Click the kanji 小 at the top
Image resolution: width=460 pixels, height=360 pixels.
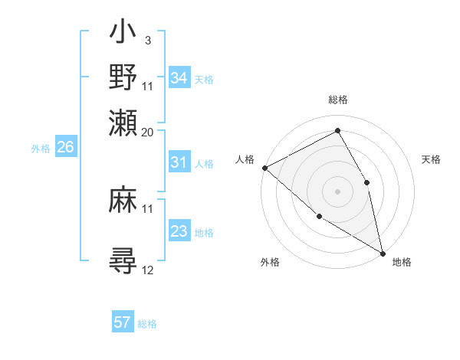click(x=124, y=34)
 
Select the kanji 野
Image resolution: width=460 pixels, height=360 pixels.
click(x=124, y=77)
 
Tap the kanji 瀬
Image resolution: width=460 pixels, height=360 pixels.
click(x=124, y=122)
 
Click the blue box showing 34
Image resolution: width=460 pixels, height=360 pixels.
click(x=179, y=79)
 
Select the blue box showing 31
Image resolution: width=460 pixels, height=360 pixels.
click(x=179, y=162)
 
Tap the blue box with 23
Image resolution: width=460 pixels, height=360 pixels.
click(x=179, y=231)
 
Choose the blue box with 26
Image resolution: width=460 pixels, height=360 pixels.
click(x=65, y=148)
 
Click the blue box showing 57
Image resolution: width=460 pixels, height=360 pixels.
click(x=122, y=322)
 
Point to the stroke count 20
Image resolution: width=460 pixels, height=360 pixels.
click(x=148, y=132)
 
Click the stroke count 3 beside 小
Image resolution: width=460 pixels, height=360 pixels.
click(x=147, y=40)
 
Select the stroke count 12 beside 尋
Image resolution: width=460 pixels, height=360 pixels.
click(x=148, y=270)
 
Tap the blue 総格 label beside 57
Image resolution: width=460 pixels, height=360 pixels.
click(x=147, y=324)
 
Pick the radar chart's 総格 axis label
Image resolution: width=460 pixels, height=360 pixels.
click(x=338, y=100)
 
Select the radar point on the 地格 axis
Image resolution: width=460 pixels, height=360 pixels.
click(x=383, y=252)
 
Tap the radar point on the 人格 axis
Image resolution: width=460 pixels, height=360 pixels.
click(x=264, y=168)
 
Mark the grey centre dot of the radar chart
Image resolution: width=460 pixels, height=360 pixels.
click(x=337, y=191)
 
